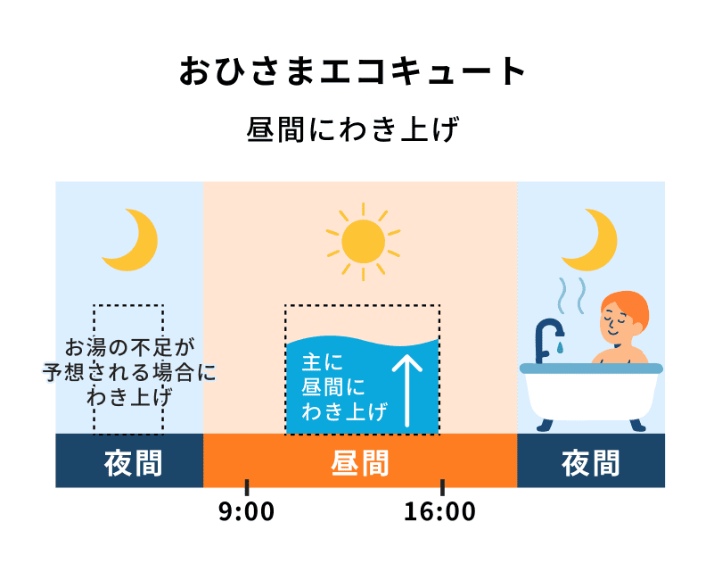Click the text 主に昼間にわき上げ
334,387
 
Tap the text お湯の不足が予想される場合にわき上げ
129,371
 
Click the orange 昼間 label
360,462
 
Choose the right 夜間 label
590,462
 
